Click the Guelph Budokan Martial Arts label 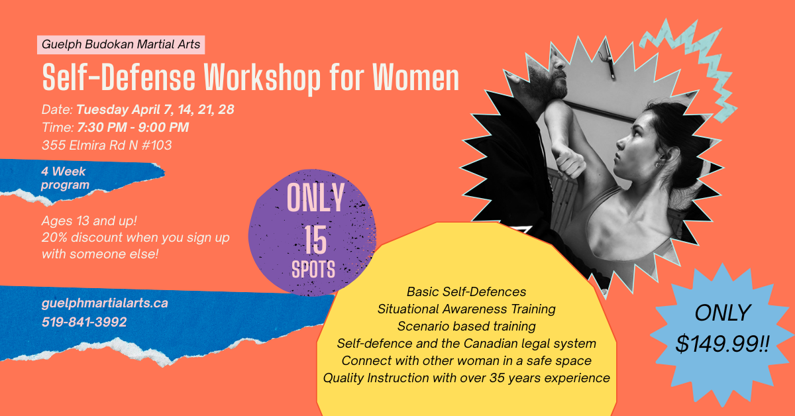click(x=121, y=44)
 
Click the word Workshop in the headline click(x=262, y=78)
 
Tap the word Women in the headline click(x=415, y=78)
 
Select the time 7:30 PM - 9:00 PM click(x=133, y=127)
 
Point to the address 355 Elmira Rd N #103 click(x=107, y=145)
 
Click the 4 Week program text click(x=65, y=178)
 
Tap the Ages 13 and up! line click(x=89, y=221)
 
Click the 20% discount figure click(x=54, y=237)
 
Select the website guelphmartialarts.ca click(x=105, y=303)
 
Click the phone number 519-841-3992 click(x=84, y=322)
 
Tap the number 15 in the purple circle click(x=315, y=240)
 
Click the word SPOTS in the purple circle click(x=313, y=269)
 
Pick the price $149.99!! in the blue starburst click(x=722, y=344)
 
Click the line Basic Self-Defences click(x=466, y=291)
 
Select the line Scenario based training click(x=466, y=326)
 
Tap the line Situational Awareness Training click(x=466, y=309)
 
